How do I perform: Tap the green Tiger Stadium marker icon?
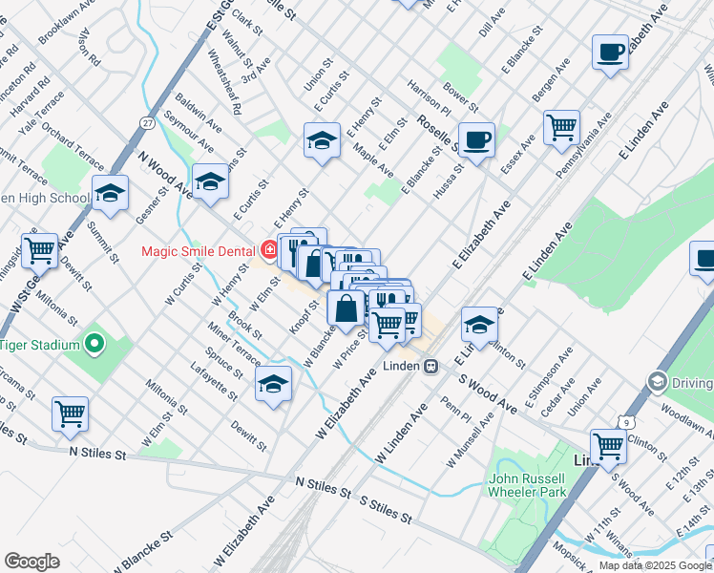coord(94,344)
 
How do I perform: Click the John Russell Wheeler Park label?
coord(528,485)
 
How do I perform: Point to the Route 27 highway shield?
coord(146,123)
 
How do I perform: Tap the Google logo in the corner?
coord(31,562)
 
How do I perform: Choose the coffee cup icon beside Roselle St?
coord(476,139)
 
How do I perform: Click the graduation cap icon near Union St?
coord(323,140)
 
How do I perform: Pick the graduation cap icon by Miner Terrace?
coord(274,384)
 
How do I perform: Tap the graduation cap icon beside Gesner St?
coord(111,193)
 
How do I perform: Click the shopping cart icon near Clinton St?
coord(608,445)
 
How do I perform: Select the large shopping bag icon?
coord(346,308)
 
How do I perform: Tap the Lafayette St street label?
coord(213,381)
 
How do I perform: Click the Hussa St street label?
coord(448,178)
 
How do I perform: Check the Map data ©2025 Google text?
coord(655,565)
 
